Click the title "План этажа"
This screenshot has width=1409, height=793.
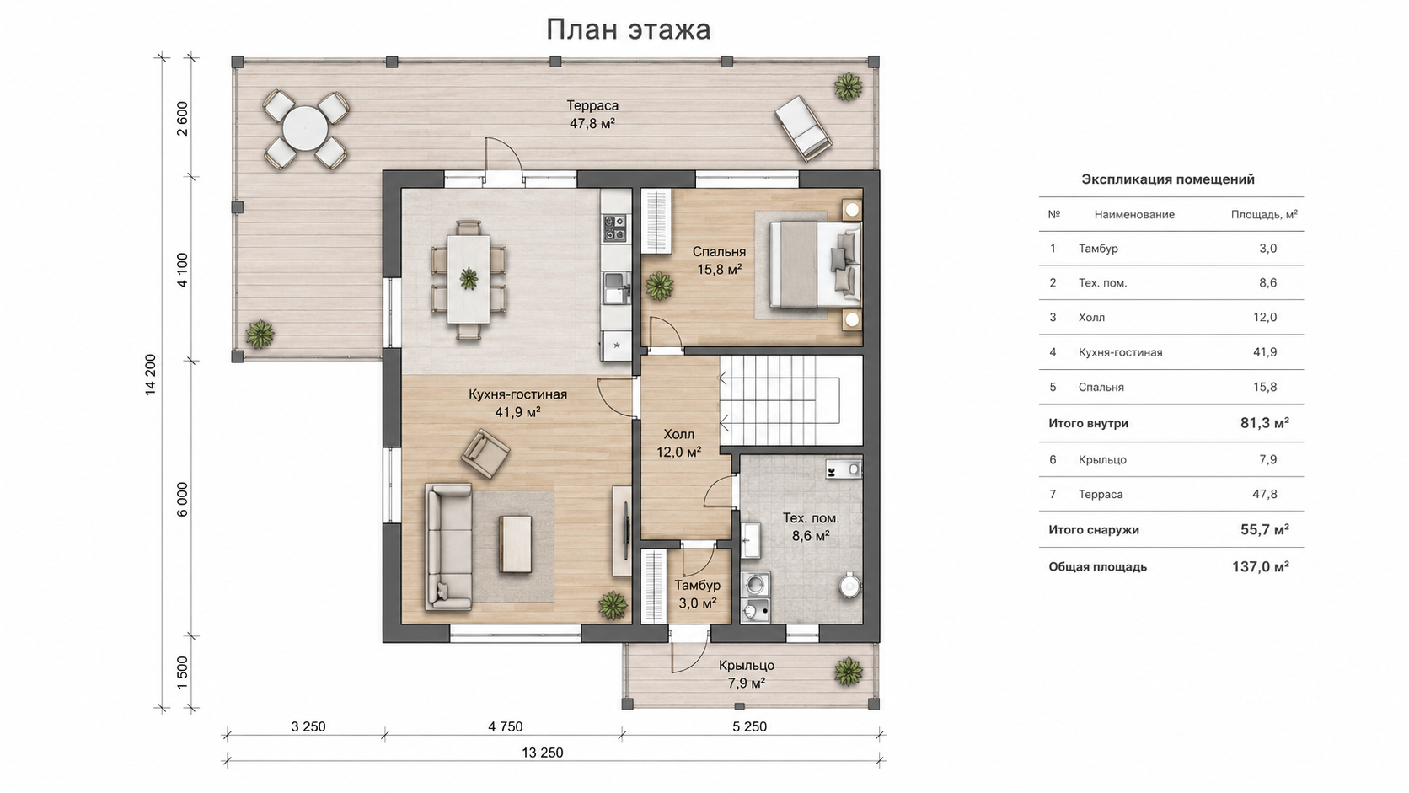click(x=628, y=29)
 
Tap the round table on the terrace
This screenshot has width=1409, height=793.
click(x=305, y=128)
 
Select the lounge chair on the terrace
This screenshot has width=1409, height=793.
click(x=803, y=129)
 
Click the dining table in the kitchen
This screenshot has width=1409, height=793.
click(x=469, y=279)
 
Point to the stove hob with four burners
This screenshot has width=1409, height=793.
click(x=614, y=228)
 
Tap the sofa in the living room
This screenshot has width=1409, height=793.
click(x=448, y=546)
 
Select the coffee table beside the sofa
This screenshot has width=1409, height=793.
click(x=515, y=544)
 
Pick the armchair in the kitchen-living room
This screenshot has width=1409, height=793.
click(x=485, y=453)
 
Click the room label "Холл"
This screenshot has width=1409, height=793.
click(x=678, y=435)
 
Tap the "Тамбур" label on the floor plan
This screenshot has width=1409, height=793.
click(x=698, y=586)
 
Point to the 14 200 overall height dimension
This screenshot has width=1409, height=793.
click(x=150, y=375)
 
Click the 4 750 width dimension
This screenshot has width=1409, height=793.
click(x=505, y=727)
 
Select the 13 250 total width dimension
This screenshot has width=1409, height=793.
click(x=542, y=753)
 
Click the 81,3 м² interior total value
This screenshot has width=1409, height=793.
click(x=1264, y=423)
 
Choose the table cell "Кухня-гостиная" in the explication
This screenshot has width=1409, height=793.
click(x=1120, y=352)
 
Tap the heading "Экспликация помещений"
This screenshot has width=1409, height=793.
click(x=1167, y=179)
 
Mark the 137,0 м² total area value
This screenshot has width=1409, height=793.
click(x=1260, y=567)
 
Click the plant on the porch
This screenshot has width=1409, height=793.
click(x=848, y=672)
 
